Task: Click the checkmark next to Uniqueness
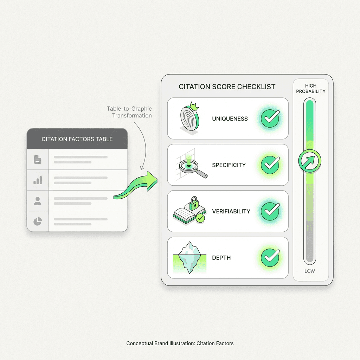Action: [270, 118]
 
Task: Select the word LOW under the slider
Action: [310, 271]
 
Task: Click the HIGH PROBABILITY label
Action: [310, 89]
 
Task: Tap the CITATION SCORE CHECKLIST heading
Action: [227, 87]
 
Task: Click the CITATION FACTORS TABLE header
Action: [77, 139]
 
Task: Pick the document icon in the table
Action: [38, 160]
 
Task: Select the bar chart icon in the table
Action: [38, 180]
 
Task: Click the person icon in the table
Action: [38, 201]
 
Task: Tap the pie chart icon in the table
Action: [38, 221]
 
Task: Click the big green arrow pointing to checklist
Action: [137, 186]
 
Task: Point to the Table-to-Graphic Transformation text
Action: [129, 112]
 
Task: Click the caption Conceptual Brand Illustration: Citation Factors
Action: [180, 343]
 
